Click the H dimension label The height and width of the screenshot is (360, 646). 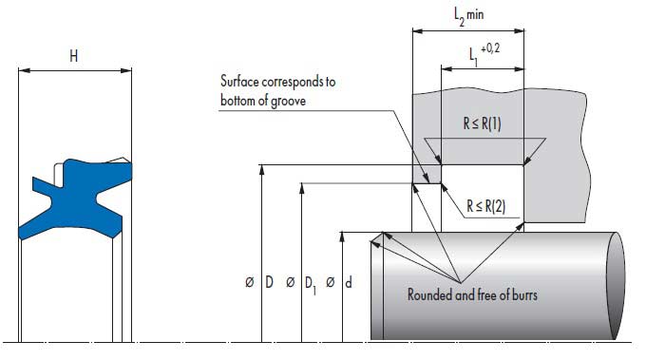click(74, 56)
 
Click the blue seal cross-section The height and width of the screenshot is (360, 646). click(76, 198)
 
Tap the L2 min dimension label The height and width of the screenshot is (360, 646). click(468, 16)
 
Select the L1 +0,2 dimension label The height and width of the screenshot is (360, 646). click(484, 54)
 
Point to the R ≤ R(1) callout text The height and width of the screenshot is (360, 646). click(482, 123)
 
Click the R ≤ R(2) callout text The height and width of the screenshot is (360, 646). click(485, 206)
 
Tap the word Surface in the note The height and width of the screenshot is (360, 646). click(239, 81)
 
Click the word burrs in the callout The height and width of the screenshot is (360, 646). click(524, 294)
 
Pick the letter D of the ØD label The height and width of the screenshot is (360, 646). click(269, 282)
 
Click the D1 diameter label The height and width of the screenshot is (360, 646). click(311, 285)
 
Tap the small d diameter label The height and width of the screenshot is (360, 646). click(348, 282)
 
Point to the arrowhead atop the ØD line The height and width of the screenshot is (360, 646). click(261, 170)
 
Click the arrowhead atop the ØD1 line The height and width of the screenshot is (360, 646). click(301, 188)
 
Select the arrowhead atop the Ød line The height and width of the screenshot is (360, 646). click(342, 237)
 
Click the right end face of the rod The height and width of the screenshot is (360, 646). click(616, 286)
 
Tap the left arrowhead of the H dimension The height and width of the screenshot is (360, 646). click(25, 70)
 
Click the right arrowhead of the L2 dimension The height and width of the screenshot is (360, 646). click(519, 31)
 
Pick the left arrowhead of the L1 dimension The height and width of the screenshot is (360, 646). click(447, 68)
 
